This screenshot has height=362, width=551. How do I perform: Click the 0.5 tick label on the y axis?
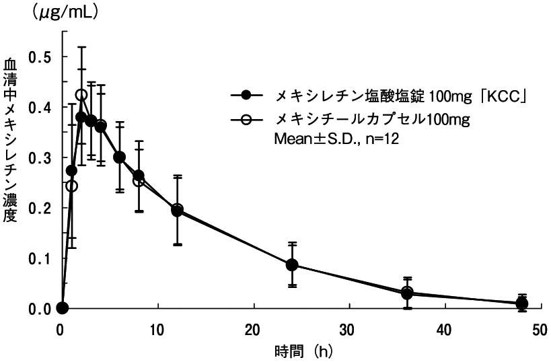(x=40, y=57)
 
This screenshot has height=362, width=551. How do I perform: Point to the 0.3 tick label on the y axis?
(x=40, y=157)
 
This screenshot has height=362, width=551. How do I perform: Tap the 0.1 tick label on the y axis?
(x=40, y=258)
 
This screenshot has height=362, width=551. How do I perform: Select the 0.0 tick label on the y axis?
(x=40, y=309)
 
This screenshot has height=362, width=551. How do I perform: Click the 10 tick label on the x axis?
(x=157, y=330)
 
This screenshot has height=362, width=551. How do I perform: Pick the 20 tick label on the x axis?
(x=254, y=330)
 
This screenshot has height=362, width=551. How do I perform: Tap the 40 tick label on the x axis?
(x=445, y=330)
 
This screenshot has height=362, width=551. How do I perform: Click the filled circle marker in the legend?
(x=246, y=96)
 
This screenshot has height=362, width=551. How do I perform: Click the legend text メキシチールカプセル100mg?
(x=367, y=120)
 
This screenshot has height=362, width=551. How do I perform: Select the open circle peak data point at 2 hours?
(x=81, y=96)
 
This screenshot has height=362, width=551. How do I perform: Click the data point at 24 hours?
(x=292, y=264)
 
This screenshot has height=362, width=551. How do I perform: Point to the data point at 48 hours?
(x=521, y=303)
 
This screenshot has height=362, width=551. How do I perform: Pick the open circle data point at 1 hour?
(x=72, y=185)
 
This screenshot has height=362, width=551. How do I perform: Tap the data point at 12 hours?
(x=177, y=210)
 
